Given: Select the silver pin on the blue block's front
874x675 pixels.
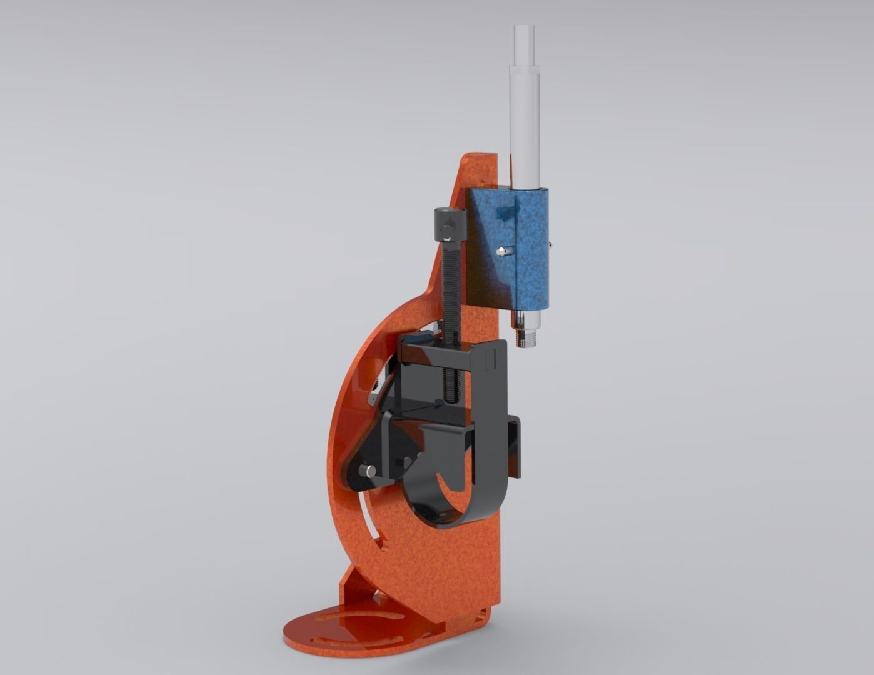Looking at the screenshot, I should (502, 251).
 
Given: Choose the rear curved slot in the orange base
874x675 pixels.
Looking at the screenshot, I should (341, 619).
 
